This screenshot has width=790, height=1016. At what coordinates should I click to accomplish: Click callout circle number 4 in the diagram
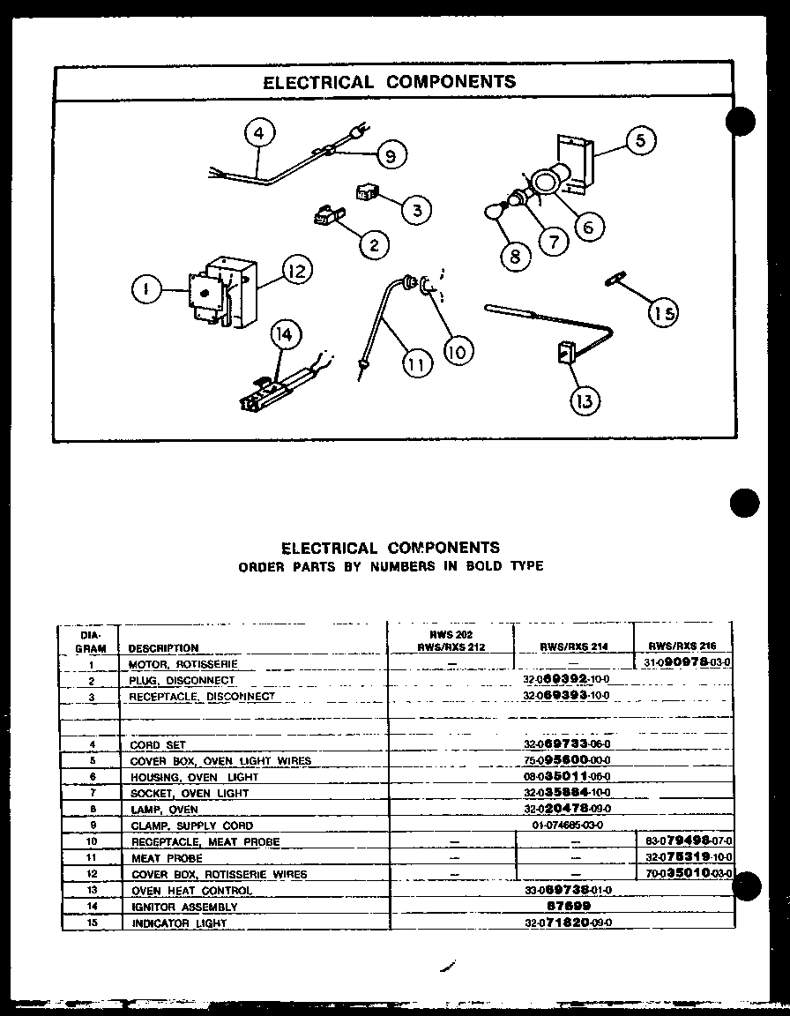click(x=257, y=134)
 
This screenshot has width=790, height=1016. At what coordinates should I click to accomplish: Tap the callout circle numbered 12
click(x=296, y=271)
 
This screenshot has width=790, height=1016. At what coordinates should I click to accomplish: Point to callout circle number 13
click(x=585, y=400)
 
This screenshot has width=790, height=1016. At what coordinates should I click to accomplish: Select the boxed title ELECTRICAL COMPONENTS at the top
click(x=391, y=82)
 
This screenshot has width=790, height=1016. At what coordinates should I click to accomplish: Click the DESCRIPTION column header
click(x=163, y=647)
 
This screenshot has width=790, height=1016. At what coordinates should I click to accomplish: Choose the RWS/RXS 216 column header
click(x=683, y=646)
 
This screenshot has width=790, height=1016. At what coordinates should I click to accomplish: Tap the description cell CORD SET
click(x=158, y=744)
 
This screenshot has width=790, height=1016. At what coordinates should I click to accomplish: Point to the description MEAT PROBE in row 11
click(x=167, y=857)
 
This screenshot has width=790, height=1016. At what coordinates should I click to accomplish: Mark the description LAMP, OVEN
click(x=164, y=809)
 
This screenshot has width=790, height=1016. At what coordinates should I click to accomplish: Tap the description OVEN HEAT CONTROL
click(x=190, y=890)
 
